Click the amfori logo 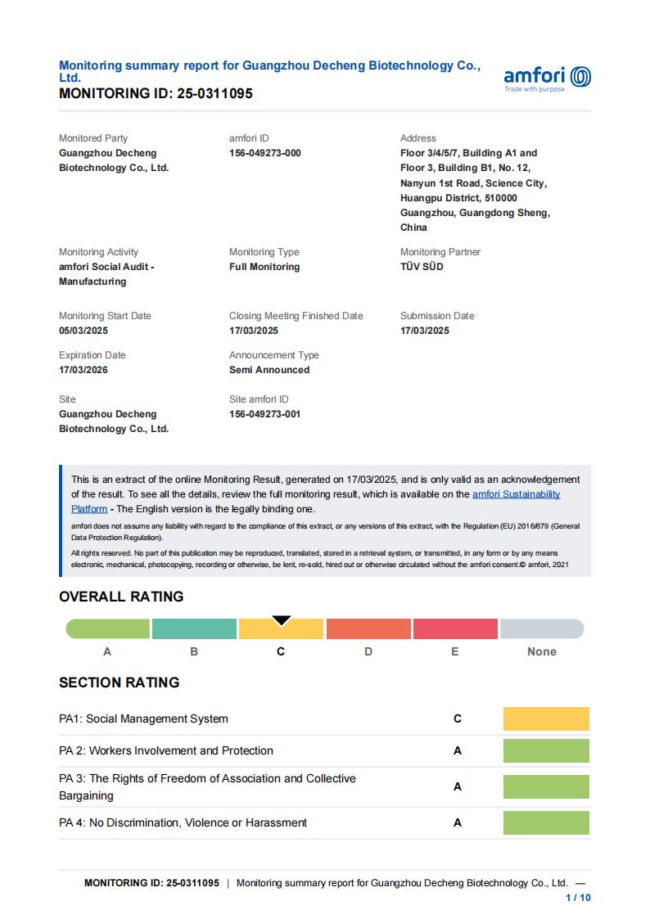click(547, 78)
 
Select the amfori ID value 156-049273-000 click(265, 153)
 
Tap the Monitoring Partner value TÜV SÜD click(422, 267)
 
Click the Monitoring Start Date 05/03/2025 click(84, 331)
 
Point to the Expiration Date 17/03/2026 click(84, 370)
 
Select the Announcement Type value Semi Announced click(269, 370)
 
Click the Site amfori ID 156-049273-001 click(265, 414)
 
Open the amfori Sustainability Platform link click(516, 494)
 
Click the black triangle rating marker click(282, 620)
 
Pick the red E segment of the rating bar click(455, 628)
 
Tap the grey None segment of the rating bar click(542, 628)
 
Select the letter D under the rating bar click(368, 651)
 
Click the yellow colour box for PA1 click(546, 719)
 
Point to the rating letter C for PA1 click(458, 719)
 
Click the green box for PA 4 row click(546, 822)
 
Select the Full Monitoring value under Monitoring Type click(264, 267)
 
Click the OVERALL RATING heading click(121, 597)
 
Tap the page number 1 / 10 click(579, 898)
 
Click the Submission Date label click(437, 316)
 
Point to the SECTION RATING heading click(120, 682)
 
